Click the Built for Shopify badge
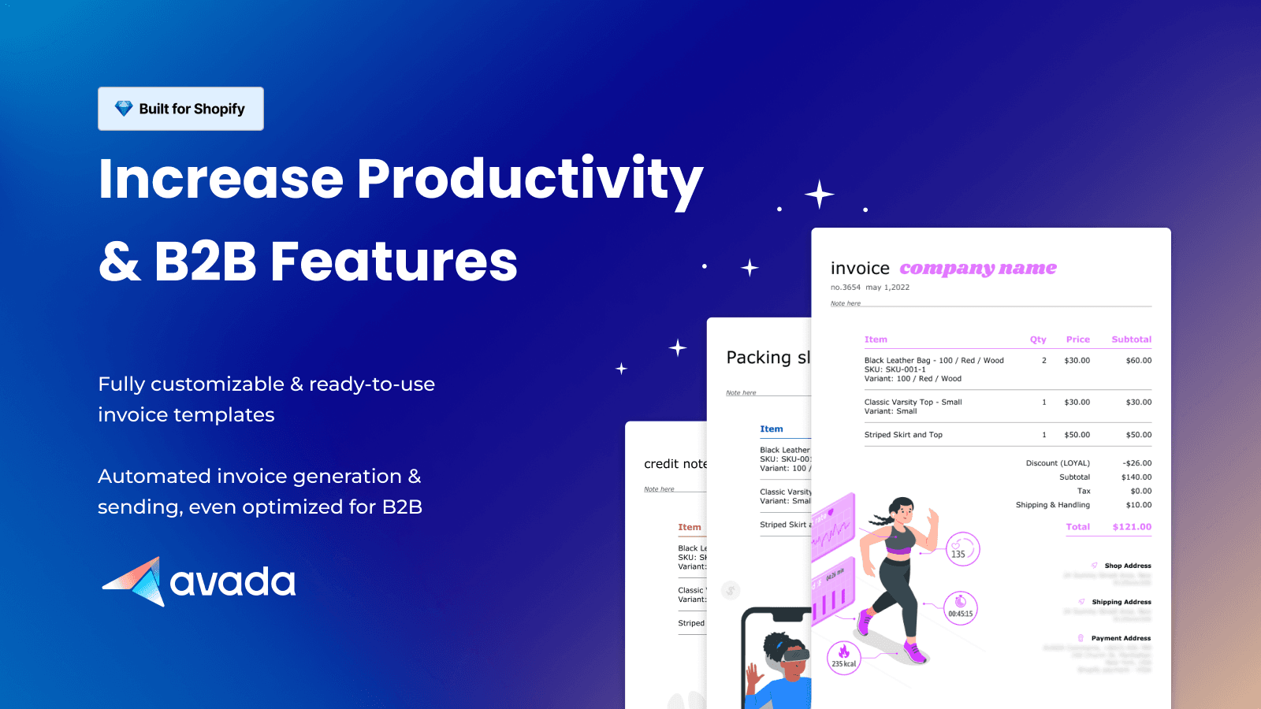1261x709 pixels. tap(180, 109)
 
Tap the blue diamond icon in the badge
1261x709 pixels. tap(124, 109)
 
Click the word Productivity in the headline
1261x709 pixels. tap(530, 180)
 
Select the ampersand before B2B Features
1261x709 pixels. tap(120, 262)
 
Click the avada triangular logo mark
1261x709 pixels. tap(135, 582)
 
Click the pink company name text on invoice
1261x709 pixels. tap(978, 269)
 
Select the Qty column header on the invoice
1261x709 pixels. tap(1038, 340)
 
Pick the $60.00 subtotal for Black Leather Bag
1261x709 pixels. tap(1138, 361)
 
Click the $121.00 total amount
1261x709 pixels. tap(1132, 527)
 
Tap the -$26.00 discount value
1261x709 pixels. tap(1136, 463)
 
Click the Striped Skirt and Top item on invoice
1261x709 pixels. tap(903, 435)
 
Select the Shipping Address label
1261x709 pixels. tap(1121, 602)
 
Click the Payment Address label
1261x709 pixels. tap(1120, 638)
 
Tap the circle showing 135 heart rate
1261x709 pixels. tap(962, 550)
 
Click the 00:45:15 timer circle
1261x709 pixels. tap(960, 608)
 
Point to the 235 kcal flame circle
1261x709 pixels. tap(843, 657)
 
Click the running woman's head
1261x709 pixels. tap(902, 510)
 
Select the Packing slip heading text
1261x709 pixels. tap(768, 358)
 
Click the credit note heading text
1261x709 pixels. tap(675, 464)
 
